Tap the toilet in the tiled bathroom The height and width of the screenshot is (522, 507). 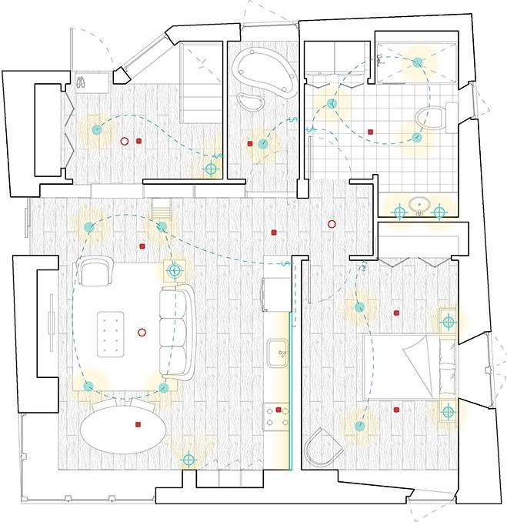tap(428, 119)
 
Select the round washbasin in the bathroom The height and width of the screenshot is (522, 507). tap(419, 206)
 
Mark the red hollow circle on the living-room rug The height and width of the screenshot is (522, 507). tap(142, 333)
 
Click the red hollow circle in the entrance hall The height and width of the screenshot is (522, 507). tap(123, 141)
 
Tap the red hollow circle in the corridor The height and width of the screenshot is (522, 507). tap(332, 224)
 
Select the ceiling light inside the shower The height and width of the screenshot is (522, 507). tap(418, 62)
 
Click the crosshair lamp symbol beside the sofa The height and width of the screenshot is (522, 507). tap(175, 270)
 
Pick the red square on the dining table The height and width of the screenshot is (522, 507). tap(138, 424)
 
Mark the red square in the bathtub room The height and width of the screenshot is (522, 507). tap(250, 143)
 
